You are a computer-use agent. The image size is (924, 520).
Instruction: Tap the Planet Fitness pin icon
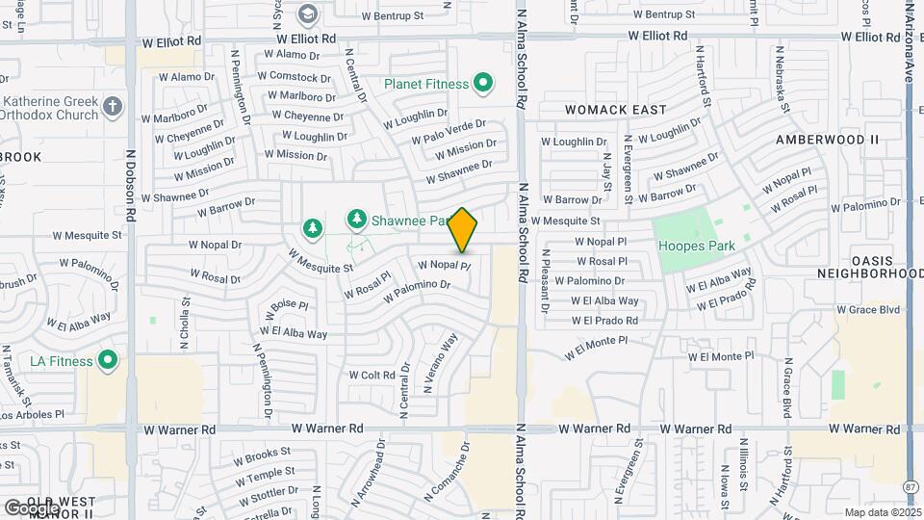(x=483, y=84)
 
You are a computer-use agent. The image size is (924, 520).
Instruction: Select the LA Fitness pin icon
(x=107, y=361)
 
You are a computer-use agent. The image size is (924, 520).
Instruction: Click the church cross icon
(x=113, y=107)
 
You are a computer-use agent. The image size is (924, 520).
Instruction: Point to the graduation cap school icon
(x=307, y=14)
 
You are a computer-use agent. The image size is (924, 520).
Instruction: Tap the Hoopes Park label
(x=696, y=246)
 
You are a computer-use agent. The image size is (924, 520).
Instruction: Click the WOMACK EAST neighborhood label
(x=616, y=110)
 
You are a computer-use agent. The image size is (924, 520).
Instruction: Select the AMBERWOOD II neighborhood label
(x=828, y=140)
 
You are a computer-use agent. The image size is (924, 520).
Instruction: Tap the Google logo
(x=31, y=507)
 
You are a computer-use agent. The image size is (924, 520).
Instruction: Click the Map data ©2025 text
(x=882, y=512)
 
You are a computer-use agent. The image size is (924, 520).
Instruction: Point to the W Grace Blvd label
(x=867, y=310)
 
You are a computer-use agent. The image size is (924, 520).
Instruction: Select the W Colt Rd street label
(x=372, y=375)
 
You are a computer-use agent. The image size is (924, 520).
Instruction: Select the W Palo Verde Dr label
(x=449, y=133)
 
